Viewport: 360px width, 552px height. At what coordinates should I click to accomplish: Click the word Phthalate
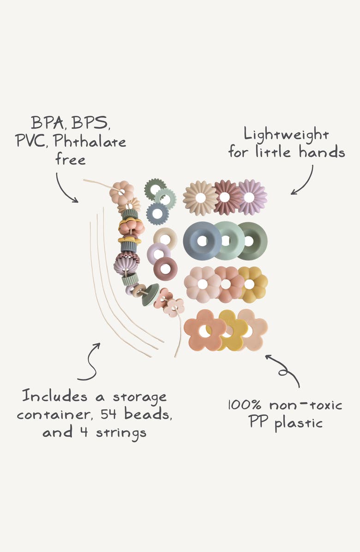pos(90,141)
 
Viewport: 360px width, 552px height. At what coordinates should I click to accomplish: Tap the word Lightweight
pos(287,134)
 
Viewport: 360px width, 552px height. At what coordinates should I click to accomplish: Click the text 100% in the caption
pos(245,405)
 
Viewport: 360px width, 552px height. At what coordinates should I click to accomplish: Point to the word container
pos(54,414)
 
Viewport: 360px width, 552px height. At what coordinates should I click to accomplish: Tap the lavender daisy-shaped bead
pos(252,197)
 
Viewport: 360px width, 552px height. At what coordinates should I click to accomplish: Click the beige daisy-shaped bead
pos(200,198)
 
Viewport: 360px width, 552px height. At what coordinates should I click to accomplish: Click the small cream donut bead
pos(165,238)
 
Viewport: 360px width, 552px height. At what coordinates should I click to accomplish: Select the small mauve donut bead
pos(165,269)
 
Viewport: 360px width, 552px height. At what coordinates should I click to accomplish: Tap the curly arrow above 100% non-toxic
pos(283,370)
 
